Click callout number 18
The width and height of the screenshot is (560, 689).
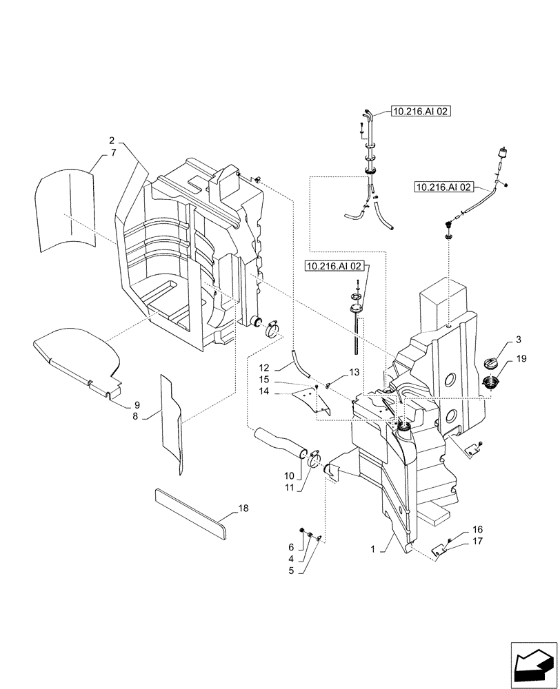click(242, 508)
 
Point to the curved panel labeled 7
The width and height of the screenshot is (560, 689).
click(66, 210)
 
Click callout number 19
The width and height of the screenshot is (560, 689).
click(521, 359)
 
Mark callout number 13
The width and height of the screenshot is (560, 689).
click(354, 372)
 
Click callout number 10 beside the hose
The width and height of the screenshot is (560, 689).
click(288, 475)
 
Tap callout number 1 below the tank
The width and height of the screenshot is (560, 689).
click(374, 548)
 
